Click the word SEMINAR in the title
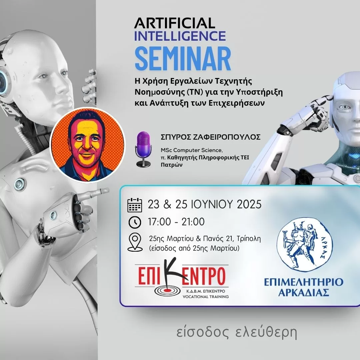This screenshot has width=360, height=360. click(x=183, y=59)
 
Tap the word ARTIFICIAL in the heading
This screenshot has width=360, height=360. click(x=174, y=23)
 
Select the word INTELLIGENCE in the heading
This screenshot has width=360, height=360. click(x=180, y=36)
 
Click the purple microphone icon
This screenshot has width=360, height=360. click(x=143, y=149)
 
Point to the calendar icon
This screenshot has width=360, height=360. click(x=135, y=205)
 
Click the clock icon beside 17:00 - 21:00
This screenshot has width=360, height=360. click(x=135, y=222)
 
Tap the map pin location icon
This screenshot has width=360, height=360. click(x=135, y=242)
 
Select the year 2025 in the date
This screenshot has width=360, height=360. click(x=249, y=204)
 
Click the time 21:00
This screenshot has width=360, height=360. click(x=193, y=222)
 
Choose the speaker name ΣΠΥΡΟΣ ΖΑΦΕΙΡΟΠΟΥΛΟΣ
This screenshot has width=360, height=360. click(x=211, y=137)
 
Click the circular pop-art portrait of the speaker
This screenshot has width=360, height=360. click(x=87, y=145)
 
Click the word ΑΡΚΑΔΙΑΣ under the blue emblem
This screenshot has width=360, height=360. click(x=304, y=293)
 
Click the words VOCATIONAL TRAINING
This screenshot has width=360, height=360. click(x=205, y=297)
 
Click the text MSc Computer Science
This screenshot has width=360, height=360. click(x=191, y=150)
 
